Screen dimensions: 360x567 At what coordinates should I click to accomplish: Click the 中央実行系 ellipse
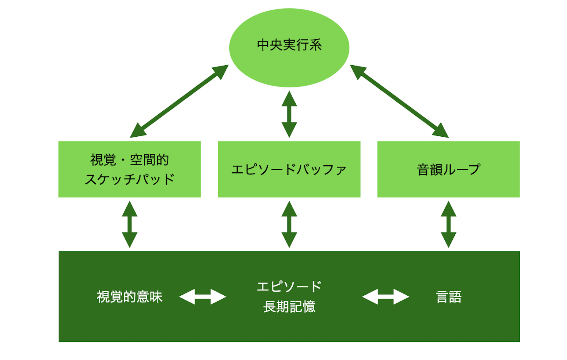pyautogui.click(x=289, y=48)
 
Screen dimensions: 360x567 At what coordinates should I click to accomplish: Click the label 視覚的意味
pyautogui.click(x=129, y=297)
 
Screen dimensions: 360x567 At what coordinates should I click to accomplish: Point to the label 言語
pyautogui.click(x=448, y=297)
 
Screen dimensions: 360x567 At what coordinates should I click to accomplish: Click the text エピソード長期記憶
pyautogui.click(x=289, y=296)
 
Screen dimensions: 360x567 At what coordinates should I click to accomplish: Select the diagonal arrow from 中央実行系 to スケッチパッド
pyautogui.click(x=179, y=101)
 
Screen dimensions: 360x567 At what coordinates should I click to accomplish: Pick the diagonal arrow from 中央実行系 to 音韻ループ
pyautogui.click(x=399, y=101)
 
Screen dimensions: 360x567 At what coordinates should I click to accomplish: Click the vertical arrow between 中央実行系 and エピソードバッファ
pyautogui.click(x=289, y=114)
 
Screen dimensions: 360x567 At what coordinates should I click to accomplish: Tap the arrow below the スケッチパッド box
pyautogui.click(x=129, y=224)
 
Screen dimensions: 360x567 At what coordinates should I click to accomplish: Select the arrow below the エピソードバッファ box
pyautogui.click(x=289, y=224)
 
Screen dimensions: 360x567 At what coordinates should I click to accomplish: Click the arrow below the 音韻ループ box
pyautogui.click(x=448, y=224)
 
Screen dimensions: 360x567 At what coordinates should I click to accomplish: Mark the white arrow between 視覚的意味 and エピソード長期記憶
pyautogui.click(x=203, y=297)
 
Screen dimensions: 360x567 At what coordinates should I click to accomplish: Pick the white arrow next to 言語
pyautogui.click(x=385, y=297)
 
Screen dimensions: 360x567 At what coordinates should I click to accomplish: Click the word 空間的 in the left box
pyautogui.click(x=149, y=160)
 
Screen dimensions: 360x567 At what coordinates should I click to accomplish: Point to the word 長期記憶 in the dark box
pyautogui.click(x=289, y=306)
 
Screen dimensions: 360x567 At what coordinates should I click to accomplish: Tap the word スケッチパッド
pyautogui.click(x=129, y=179)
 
